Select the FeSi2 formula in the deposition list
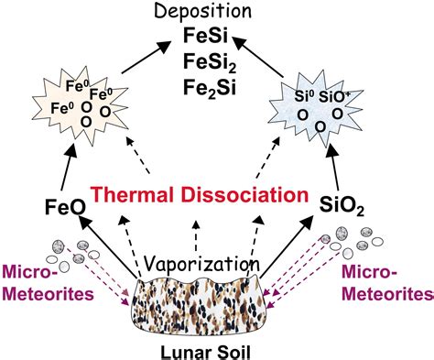pos(216,63)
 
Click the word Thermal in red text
pos(139,195)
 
